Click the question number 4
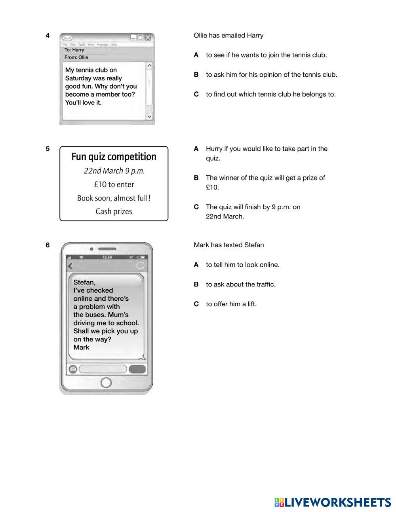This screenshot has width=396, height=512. (48, 36)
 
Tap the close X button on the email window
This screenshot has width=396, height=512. (148, 38)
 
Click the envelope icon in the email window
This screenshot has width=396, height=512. (68, 38)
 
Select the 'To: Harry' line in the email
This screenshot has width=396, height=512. (74, 50)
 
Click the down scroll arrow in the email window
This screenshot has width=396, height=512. (149, 116)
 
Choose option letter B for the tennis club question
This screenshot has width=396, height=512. (196, 75)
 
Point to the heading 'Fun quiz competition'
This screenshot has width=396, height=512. (114, 157)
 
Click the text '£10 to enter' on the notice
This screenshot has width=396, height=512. (114, 185)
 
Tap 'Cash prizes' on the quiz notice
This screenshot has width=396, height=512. (114, 212)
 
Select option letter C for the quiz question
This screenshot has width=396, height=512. (196, 207)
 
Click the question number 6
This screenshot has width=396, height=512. (48, 245)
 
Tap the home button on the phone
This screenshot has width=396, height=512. (106, 382)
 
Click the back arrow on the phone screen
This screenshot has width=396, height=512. (70, 266)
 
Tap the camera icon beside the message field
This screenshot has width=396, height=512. (73, 369)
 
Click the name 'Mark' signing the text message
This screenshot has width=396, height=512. (82, 347)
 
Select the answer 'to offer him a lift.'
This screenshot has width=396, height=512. (231, 304)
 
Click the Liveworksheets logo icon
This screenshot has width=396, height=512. (279, 503)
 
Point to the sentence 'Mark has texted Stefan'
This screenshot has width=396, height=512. (229, 245)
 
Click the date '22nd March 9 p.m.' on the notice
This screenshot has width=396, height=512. (114, 171)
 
